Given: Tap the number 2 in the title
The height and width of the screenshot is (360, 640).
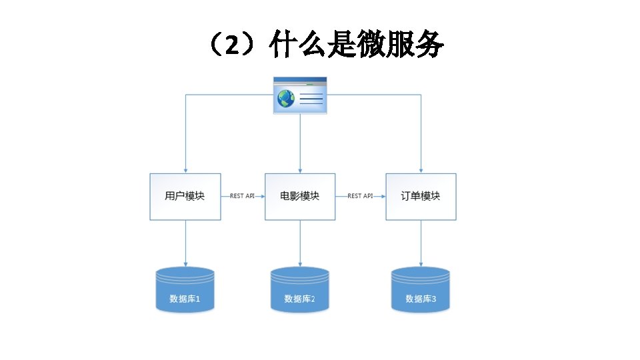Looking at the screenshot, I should coord(231,47).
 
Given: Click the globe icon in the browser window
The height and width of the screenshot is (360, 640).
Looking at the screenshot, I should coord(286,99).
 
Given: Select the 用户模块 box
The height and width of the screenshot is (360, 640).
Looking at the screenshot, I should coord(185,196).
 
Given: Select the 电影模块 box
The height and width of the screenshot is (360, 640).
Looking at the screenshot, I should coord(300,196).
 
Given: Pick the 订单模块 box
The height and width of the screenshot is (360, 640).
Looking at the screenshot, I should coord(421,196).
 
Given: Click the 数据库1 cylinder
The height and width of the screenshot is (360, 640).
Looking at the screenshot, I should coord(185,289).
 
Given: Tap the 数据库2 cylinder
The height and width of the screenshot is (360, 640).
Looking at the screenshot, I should coord(300,289).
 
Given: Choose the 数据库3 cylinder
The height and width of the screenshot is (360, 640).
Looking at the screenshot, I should coord(421,289).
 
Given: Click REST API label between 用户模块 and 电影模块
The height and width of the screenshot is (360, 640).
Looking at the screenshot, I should coord(242,196).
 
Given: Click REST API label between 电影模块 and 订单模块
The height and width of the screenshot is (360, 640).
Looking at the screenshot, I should coord(360,196).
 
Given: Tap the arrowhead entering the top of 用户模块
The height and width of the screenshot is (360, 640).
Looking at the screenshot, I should coord(185,170).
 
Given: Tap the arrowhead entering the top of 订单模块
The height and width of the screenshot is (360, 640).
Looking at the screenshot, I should coord(421,170).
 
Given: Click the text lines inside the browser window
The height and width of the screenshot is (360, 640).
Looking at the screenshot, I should coord(311,99).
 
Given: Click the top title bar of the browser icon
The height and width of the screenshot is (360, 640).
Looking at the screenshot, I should coord(300,80).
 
